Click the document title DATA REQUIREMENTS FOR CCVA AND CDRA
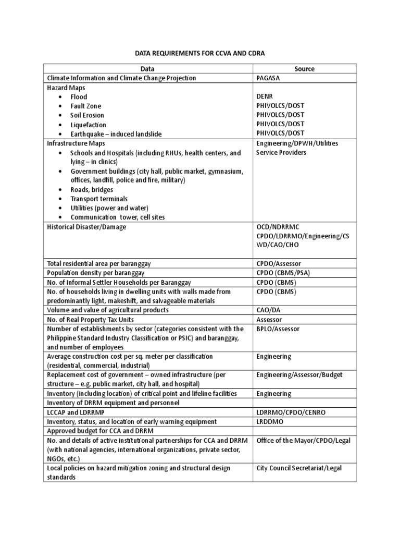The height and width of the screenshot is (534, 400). tap(199, 53)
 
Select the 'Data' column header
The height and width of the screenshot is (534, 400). tap(148, 69)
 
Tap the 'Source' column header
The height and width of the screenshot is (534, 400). tap(304, 69)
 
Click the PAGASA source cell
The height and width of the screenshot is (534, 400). tap(270, 78)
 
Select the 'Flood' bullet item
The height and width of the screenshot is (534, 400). tap(79, 96)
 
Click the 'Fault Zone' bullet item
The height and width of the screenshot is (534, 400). tap(86, 106)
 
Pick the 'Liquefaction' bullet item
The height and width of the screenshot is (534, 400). tap(88, 125)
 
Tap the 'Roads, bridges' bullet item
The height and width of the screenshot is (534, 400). tap(92, 189)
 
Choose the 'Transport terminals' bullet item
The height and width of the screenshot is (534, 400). tap(99, 199)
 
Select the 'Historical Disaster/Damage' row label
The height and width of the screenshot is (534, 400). tap(86, 227)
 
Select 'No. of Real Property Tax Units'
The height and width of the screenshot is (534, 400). tap(91, 319)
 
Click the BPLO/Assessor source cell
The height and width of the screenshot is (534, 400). tap(278, 329)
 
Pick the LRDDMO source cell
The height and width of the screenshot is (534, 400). tap(269, 421)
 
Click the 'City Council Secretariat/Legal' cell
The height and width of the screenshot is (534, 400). tap(299, 468)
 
